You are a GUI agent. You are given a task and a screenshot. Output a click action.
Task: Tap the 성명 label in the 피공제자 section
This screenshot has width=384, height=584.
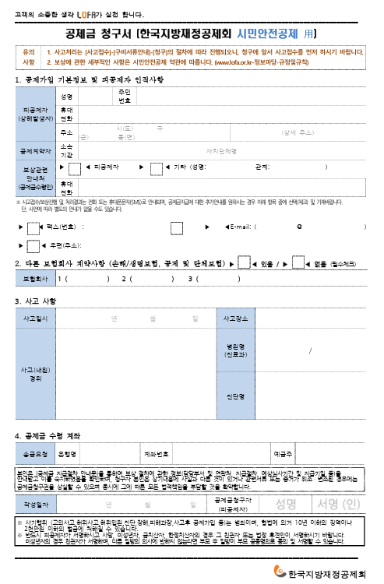pos(66,97)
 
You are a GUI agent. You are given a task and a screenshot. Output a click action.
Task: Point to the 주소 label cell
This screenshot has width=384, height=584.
pos(66,132)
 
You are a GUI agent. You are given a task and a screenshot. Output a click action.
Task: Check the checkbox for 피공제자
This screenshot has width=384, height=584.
pos(75,167)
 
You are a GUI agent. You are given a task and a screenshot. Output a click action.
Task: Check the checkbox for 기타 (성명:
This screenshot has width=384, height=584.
pos(155,167)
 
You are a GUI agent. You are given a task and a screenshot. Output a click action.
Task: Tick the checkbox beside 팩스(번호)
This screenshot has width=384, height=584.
pos(32,227)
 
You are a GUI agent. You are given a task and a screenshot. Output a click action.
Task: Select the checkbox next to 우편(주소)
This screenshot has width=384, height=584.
pos(32,246)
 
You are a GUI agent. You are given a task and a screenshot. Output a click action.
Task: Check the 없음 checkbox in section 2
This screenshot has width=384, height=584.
pos(298,263)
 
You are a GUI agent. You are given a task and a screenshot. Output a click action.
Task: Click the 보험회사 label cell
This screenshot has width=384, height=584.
pos(35,278)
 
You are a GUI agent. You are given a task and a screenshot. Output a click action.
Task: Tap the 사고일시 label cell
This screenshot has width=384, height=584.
pos(36,318)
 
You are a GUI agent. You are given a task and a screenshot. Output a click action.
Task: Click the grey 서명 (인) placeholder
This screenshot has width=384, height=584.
pos(339,503)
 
